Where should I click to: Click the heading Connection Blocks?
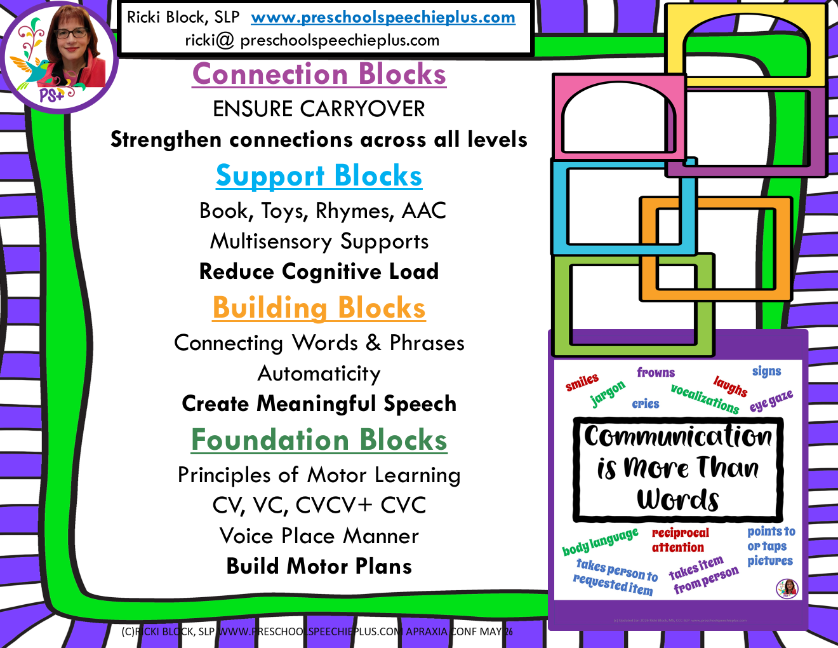(319, 74)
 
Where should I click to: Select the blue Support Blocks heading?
(319, 176)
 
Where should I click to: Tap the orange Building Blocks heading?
(319, 308)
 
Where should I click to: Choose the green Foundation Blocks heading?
(319, 440)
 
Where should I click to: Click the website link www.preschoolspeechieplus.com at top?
(383, 17)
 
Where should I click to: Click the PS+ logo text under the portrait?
(52, 96)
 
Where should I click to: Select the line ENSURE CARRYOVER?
(319, 109)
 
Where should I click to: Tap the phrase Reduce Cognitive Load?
(319, 272)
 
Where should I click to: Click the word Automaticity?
(319, 374)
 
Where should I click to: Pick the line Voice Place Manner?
(319, 536)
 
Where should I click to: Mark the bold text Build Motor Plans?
(319, 566)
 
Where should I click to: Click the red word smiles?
(582, 382)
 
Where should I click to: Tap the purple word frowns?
(656, 372)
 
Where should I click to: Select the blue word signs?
(766, 371)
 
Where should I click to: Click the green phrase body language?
(600, 541)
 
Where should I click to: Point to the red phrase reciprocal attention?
(679, 540)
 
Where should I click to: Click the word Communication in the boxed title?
(678, 436)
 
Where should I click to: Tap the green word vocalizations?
(705, 398)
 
